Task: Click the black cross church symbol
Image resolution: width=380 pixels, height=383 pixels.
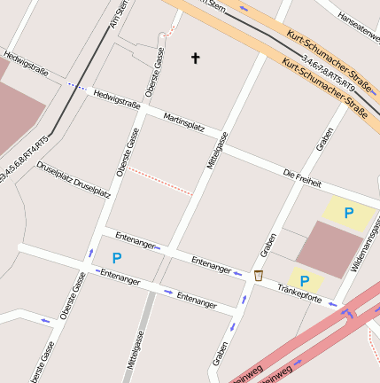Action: pyautogui.click(x=196, y=59)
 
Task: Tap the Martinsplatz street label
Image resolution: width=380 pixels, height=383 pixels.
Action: pyautogui.click(x=184, y=122)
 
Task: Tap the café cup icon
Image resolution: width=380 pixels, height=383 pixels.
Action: pyautogui.click(x=259, y=276)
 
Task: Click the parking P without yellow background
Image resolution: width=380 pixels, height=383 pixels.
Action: pyautogui.click(x=116, y=258)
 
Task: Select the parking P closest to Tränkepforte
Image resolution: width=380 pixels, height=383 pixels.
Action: pyautogui.click(x=305, y=281)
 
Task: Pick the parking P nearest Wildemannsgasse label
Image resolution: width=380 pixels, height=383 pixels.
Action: pyautogui.click(x=348, y=213)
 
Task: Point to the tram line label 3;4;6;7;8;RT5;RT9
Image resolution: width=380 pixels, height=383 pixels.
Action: pyautogui.click(x=328, y=74)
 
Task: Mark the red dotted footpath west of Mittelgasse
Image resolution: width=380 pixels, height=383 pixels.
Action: pyautogui.click(x=159, y=181)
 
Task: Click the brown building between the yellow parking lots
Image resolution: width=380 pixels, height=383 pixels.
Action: pyautogui.click(x=328, y=247)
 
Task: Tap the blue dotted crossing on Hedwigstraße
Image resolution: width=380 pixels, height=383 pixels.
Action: pyautogui.click(x=77, y=86)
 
